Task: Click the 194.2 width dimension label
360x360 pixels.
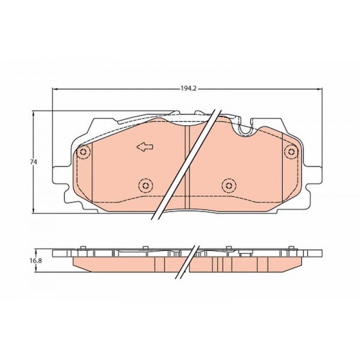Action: (189, 89)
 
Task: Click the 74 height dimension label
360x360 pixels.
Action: (33, 162)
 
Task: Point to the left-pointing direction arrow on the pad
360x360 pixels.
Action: (145, 147)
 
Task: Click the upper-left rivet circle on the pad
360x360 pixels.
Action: (84, 152)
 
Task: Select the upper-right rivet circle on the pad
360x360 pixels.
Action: (291, 152)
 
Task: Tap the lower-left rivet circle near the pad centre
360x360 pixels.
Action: (146, 185)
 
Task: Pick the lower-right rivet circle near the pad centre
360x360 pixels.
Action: (229, 185)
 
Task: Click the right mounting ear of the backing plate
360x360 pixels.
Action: (314, 175)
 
